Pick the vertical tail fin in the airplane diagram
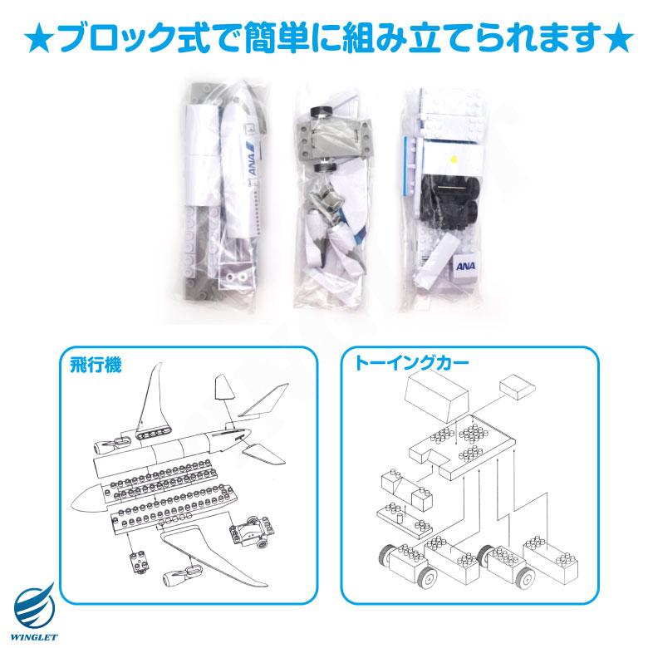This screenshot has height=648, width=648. click(151, 398)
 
